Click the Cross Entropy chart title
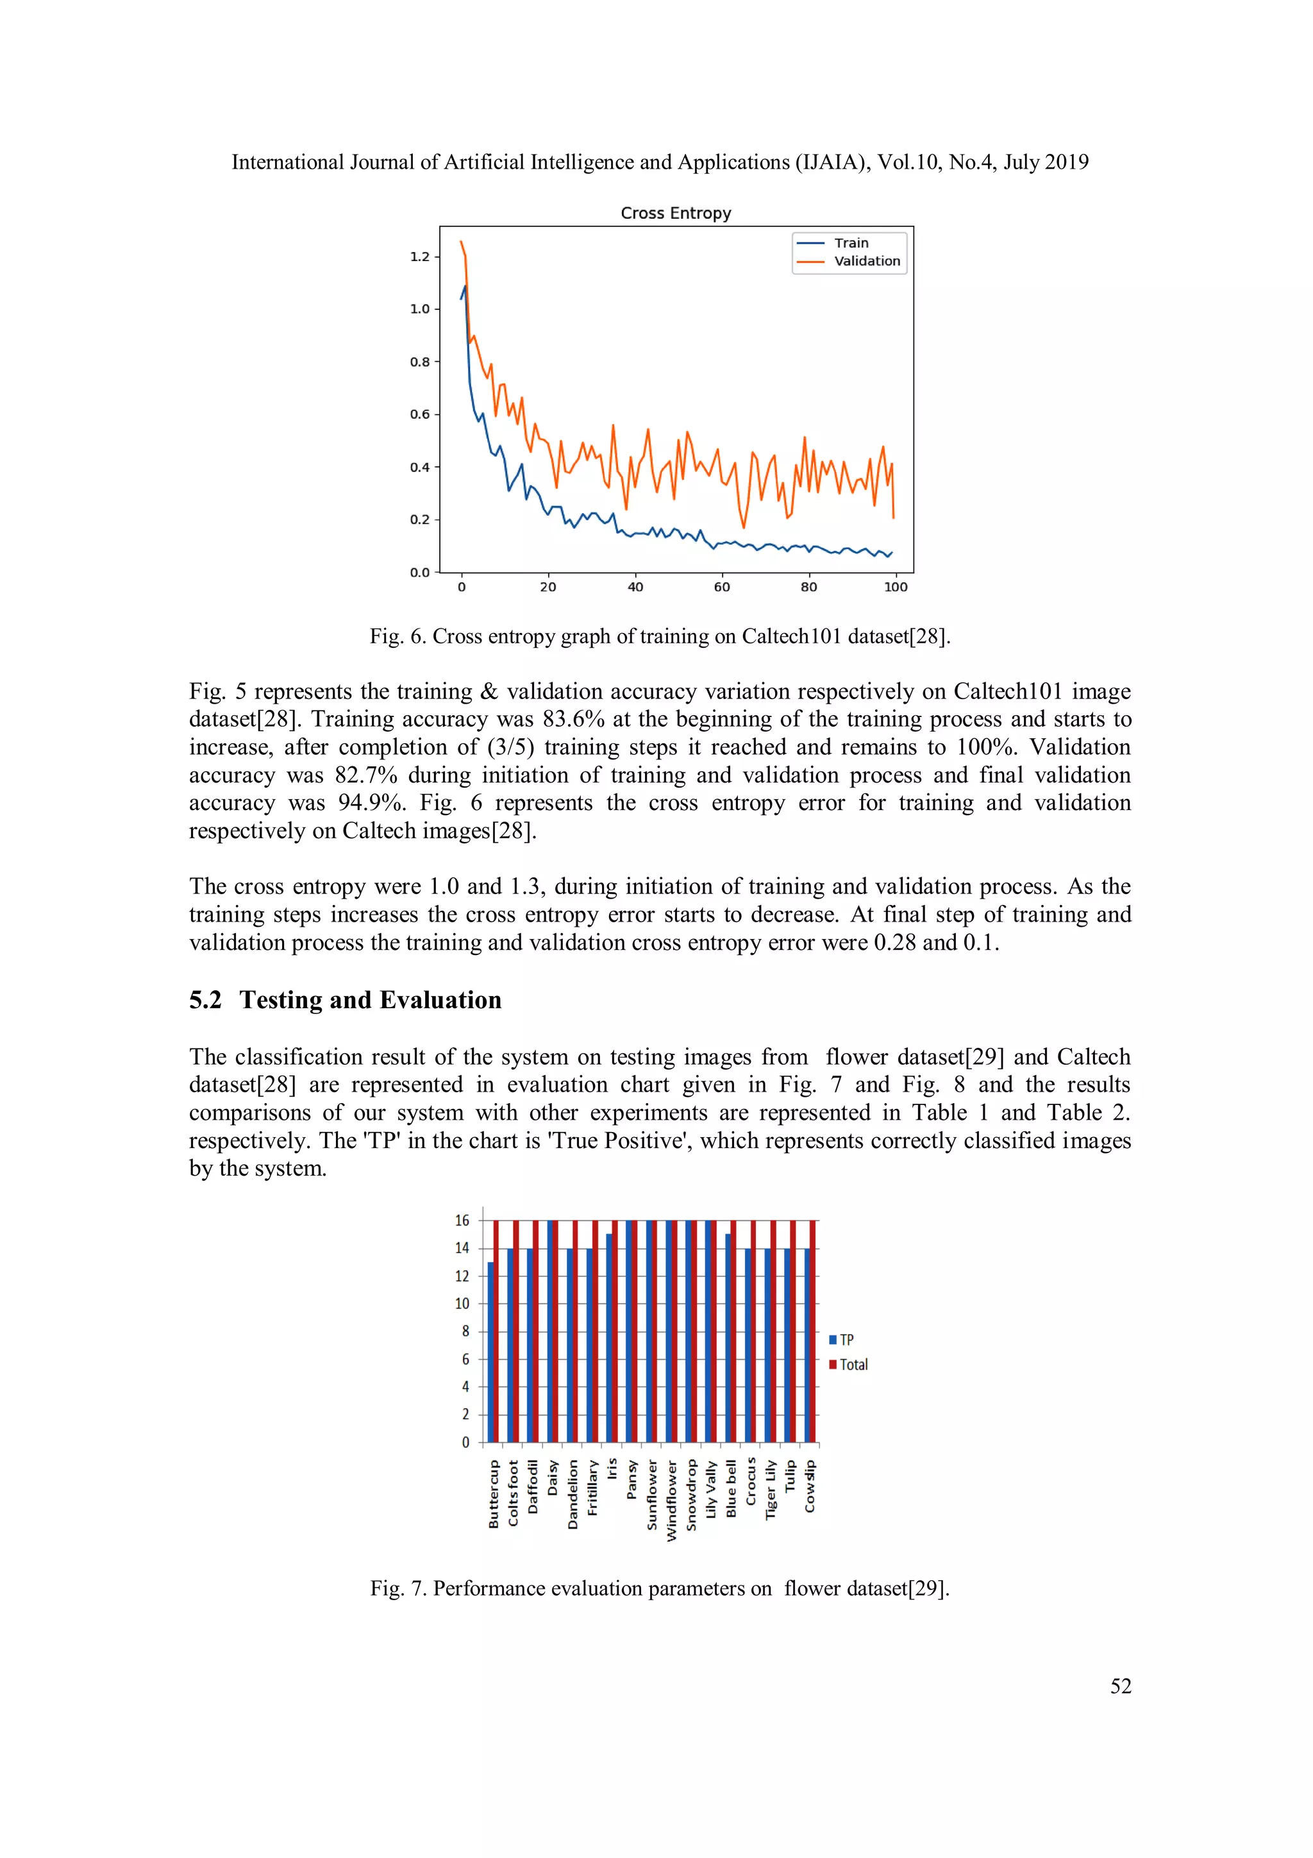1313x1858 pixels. pyautogui.click(x=676, y=213)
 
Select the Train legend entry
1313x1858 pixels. pyautogui.click(x=850, y=243)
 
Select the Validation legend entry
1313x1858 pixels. pyautogui.click(x=866, y=260)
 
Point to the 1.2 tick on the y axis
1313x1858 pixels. pyautogui.click(x=419, y=257)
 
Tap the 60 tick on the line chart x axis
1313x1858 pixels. pyautogui.click(x=722, y=587)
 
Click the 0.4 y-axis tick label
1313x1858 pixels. pyautogui.click(x=419, y=467)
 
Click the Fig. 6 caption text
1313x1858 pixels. pyautogui.click(x=659, y=636)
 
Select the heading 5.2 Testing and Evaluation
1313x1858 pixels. pyautogui.click(x=346, y=1001)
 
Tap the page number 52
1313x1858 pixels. pyautogui.click(x=1121, y=1685)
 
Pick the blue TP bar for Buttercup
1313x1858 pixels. pyautogui.click(x=491, y=1351)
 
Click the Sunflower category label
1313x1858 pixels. pyautogui.click(x=652, y=1494)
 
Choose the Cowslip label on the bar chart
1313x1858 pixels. pyautogui.click(x=810, y=1486)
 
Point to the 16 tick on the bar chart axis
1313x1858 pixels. pyautogui.click(x=462, y=1220)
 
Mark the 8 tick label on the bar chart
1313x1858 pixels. pyautogui.click(x=465, y=1331)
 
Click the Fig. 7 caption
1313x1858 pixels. pyautogui.click(x=659, y=1589)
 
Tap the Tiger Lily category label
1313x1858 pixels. pyautogui.click(x=771, y=1490)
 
